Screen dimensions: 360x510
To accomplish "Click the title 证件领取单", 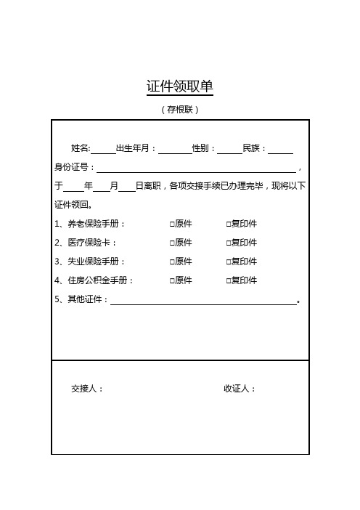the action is pos(179,87).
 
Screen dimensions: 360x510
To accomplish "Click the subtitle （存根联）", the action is pos(179,110).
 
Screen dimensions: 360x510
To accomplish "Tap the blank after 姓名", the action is pos(103,149).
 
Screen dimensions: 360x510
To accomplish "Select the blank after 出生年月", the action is pos(174,149).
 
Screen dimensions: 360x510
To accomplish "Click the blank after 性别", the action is pos(229,149).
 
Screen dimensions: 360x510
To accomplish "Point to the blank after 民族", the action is pos(280,149).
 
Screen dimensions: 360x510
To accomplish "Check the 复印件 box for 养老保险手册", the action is pos(228,224).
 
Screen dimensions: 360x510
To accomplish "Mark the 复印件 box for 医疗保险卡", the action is pos(228,243).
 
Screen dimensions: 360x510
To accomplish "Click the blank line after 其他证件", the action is pos(203,300).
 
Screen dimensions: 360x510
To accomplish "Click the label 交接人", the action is pos(87,389).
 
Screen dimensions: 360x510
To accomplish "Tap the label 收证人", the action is pos(240,389).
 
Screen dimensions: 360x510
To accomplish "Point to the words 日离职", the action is pos(148,187).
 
